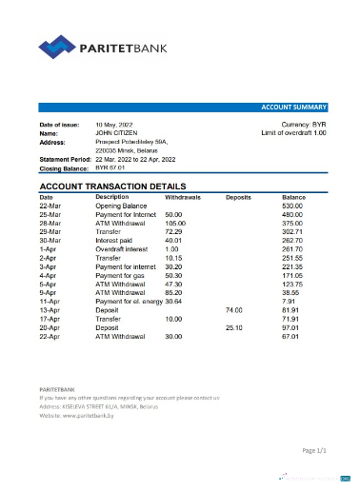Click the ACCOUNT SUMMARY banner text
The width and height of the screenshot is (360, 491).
click(x=295, y=108)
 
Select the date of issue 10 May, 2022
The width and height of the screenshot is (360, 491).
click(x=115, y=126)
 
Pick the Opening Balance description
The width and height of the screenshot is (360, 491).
click(x=121, y=206)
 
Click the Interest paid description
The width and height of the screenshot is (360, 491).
click(x=116, y=240)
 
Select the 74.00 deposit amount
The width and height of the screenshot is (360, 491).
click(x=234, y=310)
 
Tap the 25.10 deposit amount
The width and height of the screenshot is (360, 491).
click(x=234, y=327)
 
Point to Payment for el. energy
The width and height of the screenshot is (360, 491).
click(x=129, y=302)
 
